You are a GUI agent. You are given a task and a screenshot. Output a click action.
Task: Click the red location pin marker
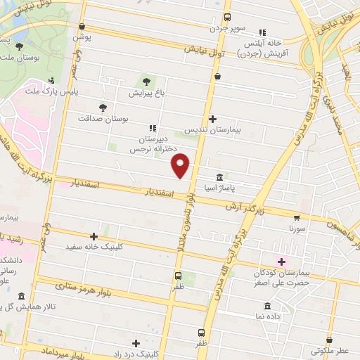181,165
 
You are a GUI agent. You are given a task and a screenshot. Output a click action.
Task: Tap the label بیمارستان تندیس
212,130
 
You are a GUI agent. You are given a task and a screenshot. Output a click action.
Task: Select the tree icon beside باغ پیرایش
147,79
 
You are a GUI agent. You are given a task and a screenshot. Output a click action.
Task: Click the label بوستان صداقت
125,120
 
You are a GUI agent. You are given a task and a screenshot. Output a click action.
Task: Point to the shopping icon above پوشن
82,25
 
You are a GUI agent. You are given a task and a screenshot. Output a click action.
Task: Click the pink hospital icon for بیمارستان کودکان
281,261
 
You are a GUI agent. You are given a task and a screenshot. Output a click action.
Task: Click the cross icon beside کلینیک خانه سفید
94,236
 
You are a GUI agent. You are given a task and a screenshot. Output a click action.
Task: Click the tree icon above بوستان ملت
18,46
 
